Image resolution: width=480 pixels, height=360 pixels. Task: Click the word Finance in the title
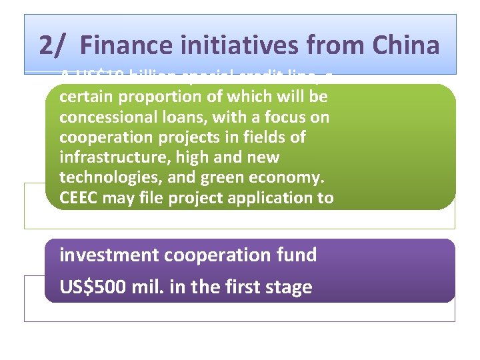[123, 45]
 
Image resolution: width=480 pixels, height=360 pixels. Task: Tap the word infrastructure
[109, 158]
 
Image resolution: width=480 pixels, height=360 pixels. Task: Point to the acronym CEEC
[79, 198]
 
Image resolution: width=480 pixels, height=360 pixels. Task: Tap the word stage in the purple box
[288, 287]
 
